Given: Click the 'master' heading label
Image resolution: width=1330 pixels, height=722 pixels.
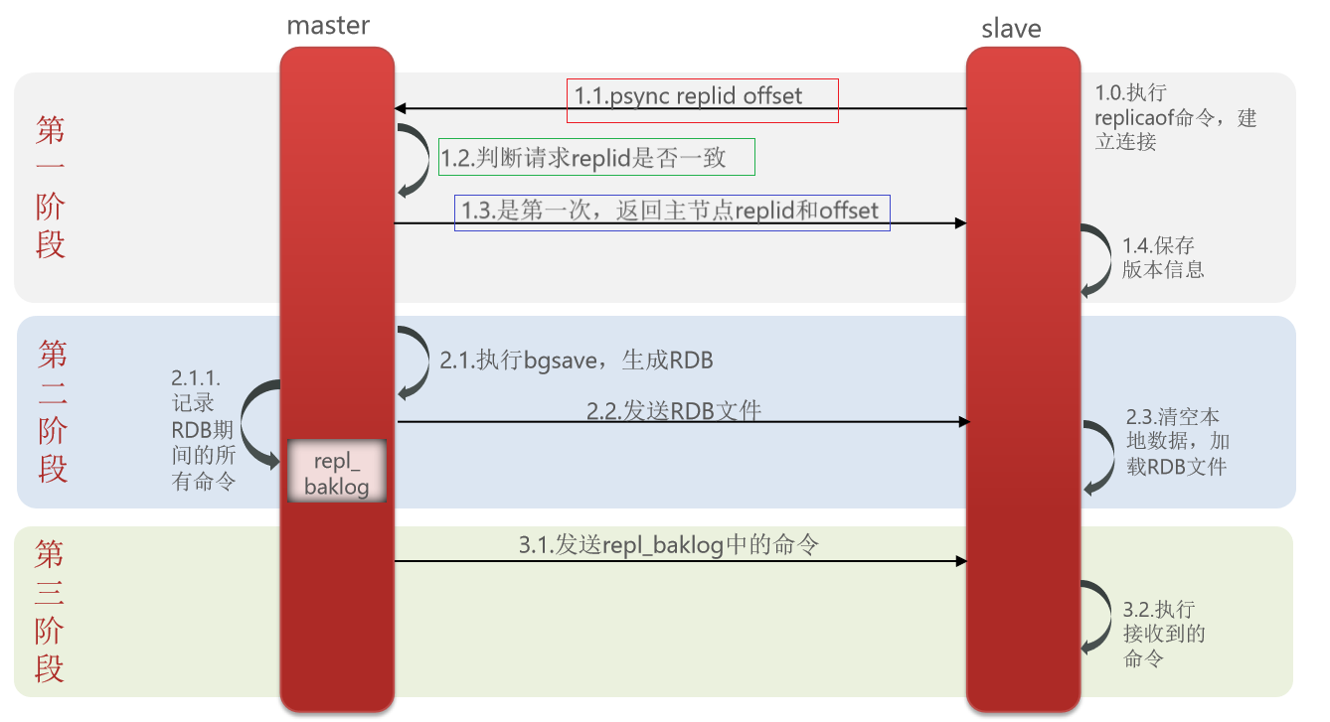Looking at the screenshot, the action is coord(328,26).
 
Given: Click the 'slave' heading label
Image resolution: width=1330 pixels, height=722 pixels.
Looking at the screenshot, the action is coord(1011,29).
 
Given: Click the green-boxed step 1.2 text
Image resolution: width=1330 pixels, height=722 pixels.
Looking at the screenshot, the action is coord(596,157).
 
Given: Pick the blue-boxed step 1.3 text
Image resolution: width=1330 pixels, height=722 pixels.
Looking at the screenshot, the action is coord(672,212).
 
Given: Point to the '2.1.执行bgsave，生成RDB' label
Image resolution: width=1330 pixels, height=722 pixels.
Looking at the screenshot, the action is coord(577,361).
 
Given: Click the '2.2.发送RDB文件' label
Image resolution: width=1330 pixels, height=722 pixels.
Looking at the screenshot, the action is coord(674,410).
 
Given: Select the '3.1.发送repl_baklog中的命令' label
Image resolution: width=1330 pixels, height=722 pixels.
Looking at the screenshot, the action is coord(669,544).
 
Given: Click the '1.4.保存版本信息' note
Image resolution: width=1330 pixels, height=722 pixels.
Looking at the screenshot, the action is coord(1163,257).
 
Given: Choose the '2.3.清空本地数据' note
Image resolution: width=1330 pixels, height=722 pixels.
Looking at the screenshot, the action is coord(1175,441).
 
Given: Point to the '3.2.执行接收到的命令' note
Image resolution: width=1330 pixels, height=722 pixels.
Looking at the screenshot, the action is coord(1163,634).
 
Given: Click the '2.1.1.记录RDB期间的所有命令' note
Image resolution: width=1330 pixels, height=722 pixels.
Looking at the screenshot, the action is coord(203,431).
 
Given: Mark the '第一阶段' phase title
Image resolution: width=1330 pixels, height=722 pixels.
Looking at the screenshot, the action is coord(51,187).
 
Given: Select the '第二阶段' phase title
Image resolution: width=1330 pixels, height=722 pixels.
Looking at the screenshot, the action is coord(53,410).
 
